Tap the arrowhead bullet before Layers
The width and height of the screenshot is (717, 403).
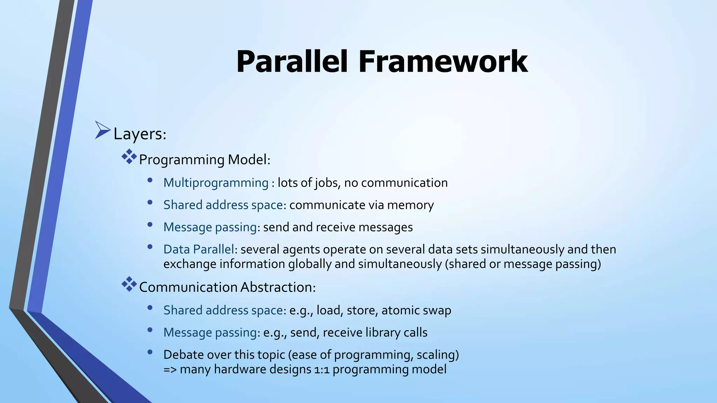pyautogui.click(x=102, y=130)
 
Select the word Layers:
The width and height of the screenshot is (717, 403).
pyautogui.click(x=140, y=134)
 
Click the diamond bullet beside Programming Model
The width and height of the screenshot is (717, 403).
pyautogui.click(x=129, y=157)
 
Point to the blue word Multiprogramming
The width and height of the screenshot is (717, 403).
pyautogui.click(x=216, y=183)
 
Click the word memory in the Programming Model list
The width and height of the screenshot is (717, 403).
pyautogui.click(x=410, y=205)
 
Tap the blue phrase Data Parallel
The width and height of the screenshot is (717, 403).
pyautogui.click(x=199, y=249)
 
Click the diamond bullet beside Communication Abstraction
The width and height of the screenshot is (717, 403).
pyautogui.click(x=129, y=284)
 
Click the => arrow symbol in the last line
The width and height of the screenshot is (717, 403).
pyautogui.click(x=170, y=370)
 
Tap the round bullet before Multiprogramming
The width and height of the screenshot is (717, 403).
pyautogui.click(x=150, y=181)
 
